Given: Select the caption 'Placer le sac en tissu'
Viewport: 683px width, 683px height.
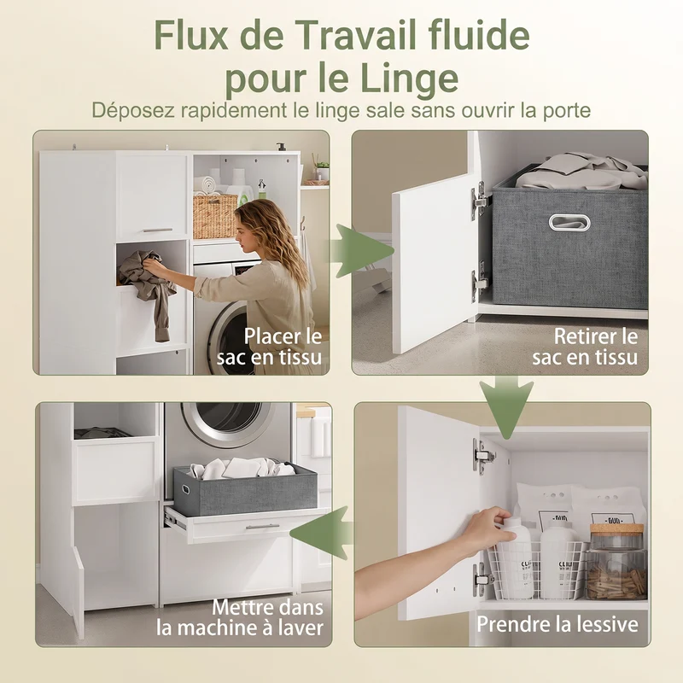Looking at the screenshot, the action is point(269,347).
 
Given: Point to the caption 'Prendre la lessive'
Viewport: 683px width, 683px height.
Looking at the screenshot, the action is point(557,624).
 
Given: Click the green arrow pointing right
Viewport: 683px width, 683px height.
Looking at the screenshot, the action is point(360,251).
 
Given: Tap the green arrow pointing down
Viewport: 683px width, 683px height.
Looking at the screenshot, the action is point(506,407).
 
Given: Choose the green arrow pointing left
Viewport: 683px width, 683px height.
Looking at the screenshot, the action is point(322,532).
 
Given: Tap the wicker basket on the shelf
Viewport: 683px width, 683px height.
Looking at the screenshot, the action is point(215,216).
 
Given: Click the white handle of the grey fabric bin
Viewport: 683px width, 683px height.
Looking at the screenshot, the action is point(569,222).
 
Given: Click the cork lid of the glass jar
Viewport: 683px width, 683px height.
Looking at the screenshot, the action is point(616,529).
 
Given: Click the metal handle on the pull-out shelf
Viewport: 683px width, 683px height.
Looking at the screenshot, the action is point(263,527).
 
